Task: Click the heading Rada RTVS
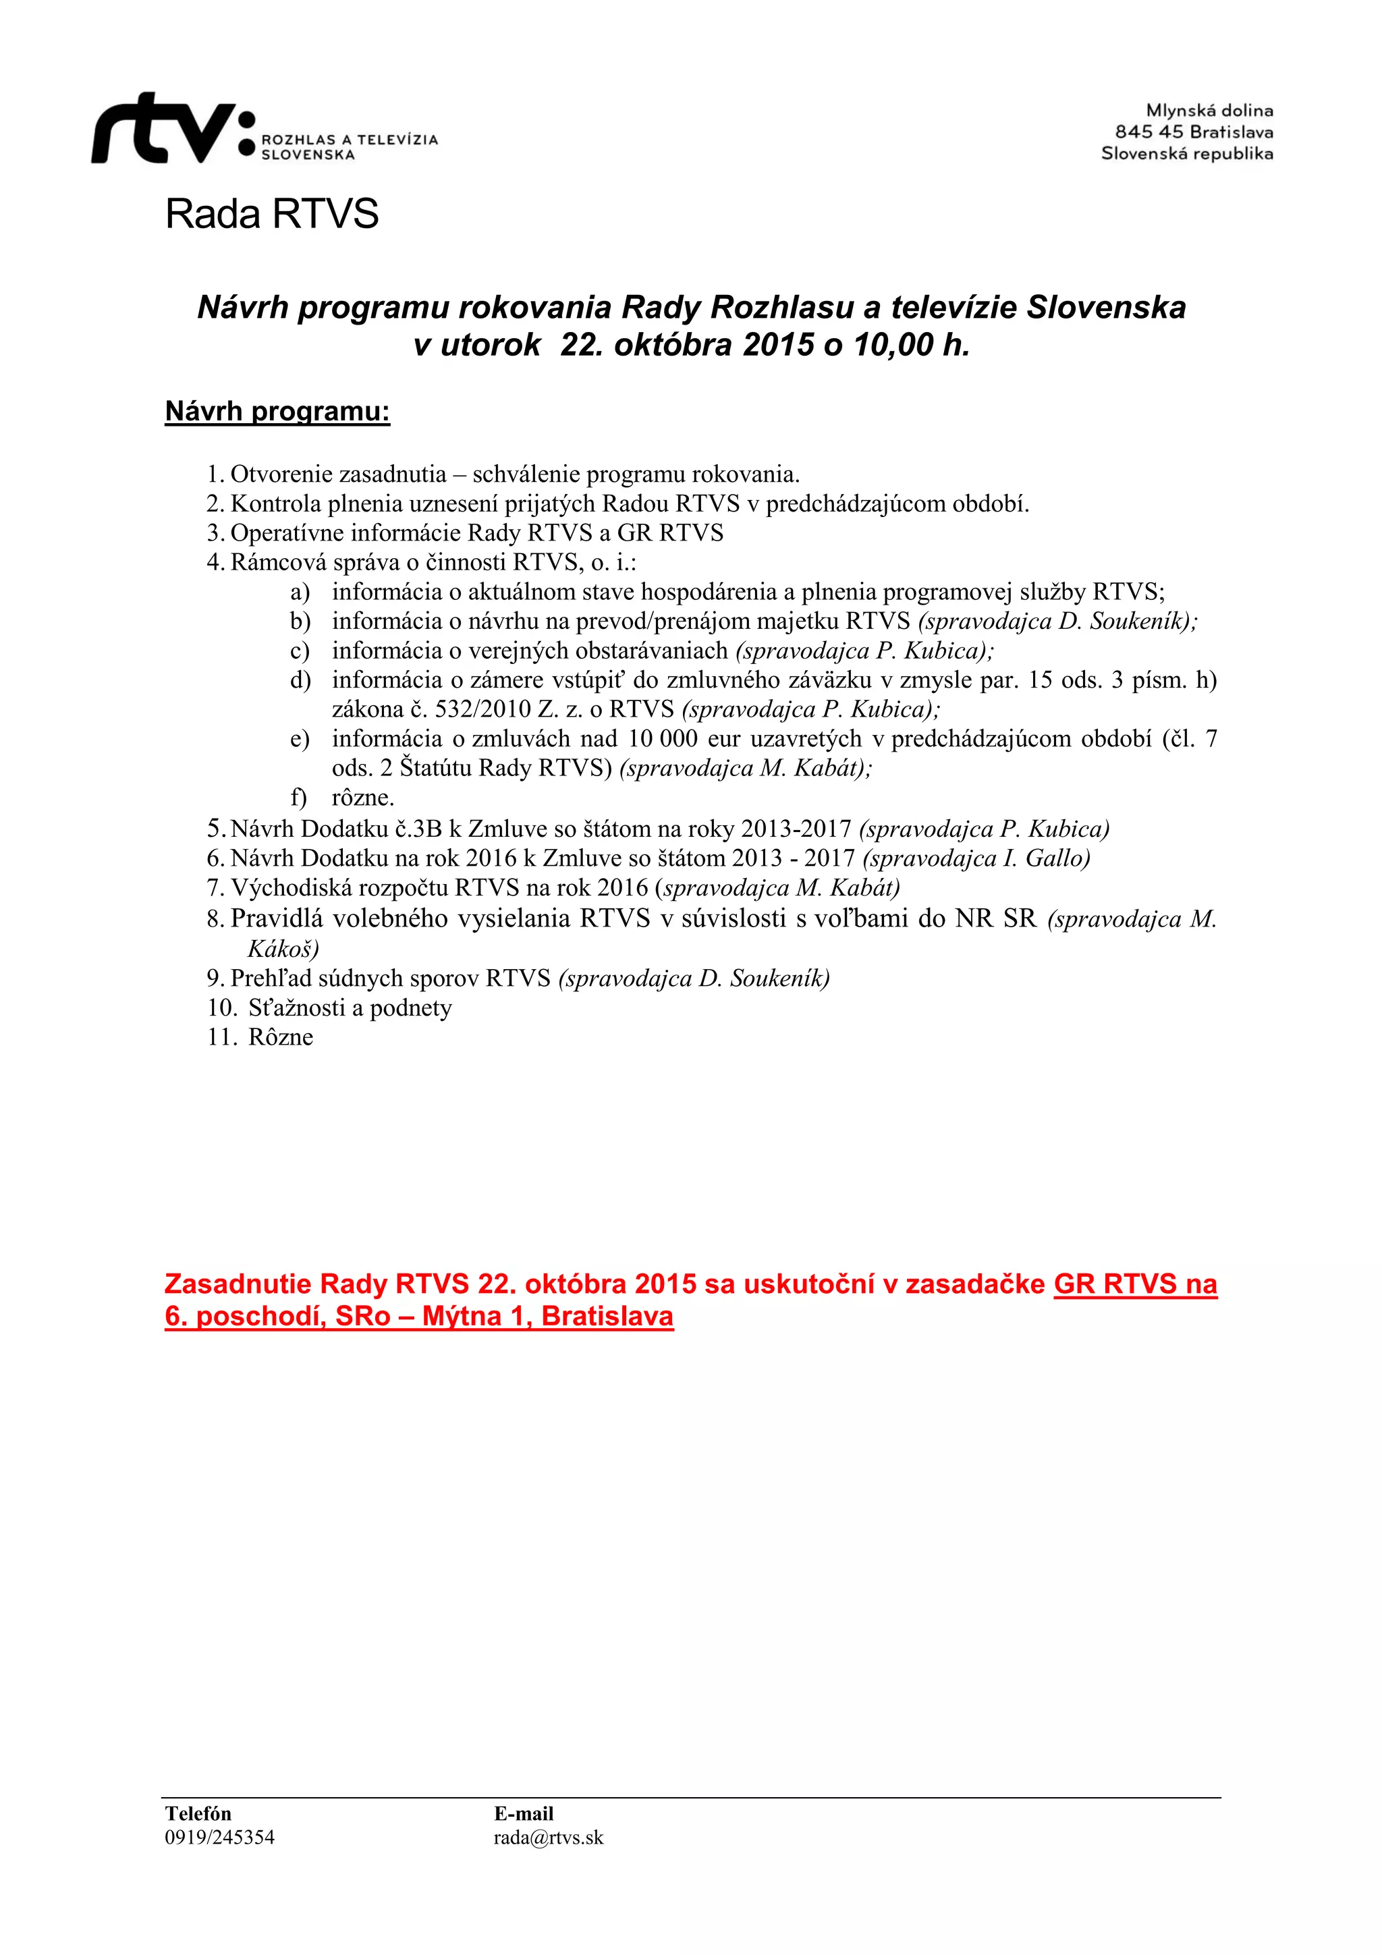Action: pyautogui.click(x=272, y=214)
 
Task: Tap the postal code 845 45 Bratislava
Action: pyautogui.click(x=1194, y=132)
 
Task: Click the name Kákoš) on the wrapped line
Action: pyautogui.click(x=283, y=949)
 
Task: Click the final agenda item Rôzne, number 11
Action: pyautogui.click(x=280, y=1037)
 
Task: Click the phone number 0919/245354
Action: pyautogui.click(x=220, y=1838)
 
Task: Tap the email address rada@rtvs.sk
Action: pyautogui.click(x=549, y=1838)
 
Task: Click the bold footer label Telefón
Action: pyautogui.click(x=198, y=1814)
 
